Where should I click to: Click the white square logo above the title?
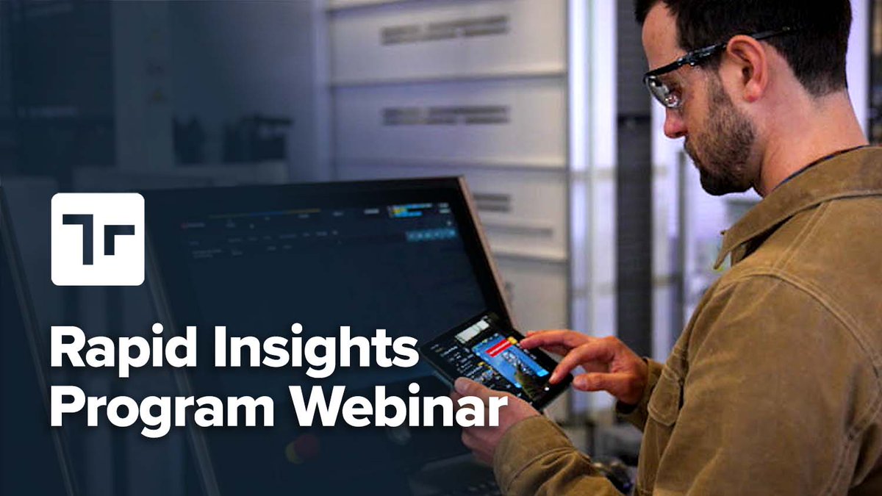pos(98,239)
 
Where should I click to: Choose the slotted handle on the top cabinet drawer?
pos(444,29)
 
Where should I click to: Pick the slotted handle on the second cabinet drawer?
pos(445,115)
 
